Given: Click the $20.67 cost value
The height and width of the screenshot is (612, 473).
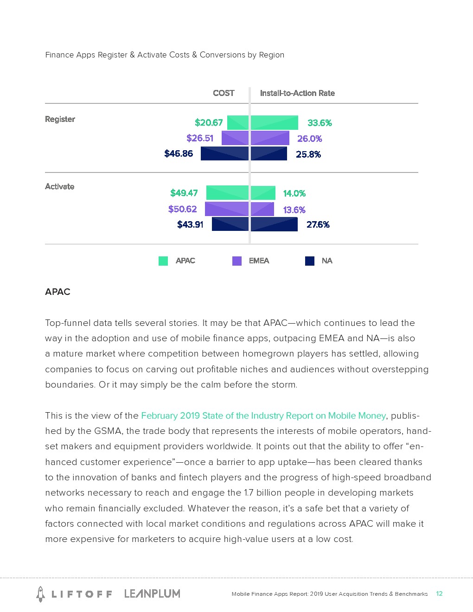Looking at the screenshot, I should tap(209, 122).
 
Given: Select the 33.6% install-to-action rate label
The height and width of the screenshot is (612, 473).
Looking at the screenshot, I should tap(320, 123).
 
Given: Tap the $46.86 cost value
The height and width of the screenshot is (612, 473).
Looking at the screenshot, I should tap(179, 153).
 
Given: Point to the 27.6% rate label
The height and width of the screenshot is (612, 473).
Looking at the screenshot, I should tap(318, 224).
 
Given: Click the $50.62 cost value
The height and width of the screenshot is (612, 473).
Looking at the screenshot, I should tap(182, 209).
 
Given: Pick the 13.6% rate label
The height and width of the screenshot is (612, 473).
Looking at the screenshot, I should tap(294, 210).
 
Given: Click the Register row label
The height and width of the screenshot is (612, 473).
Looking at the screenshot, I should tap(60, 119).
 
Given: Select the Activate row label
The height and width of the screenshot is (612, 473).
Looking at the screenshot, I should tap(59, 186).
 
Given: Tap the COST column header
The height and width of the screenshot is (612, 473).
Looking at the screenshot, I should tap(224, 93).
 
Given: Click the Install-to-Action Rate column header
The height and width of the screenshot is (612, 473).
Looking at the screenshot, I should tap(297, 93).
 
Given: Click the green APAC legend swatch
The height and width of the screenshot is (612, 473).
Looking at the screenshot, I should tap(163, 261).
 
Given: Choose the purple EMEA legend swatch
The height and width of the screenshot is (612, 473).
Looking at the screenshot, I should tap(237, 261).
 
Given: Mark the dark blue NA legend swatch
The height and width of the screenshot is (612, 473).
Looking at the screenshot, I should tap(310, 261).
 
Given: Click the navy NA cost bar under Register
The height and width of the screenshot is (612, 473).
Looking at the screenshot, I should tap(224, 153).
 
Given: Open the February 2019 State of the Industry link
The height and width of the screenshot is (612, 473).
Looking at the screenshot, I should tap(263, 416).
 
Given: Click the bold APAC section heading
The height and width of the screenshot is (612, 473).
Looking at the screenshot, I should tap(58, 292).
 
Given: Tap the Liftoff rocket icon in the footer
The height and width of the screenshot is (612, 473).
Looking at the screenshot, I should tap(41, 594).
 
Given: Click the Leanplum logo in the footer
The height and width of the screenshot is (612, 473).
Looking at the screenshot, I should tap(152, 593).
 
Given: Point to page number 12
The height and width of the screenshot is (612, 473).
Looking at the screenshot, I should tap(439, 593).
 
